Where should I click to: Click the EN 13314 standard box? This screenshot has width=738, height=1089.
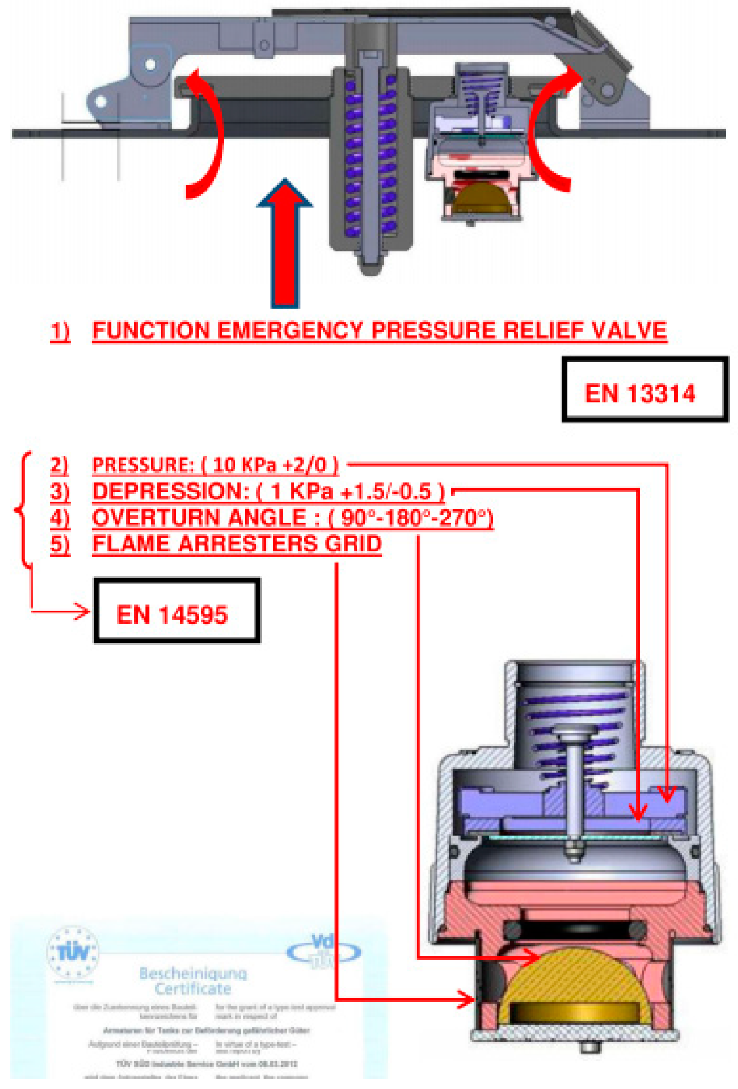[x=644, y=390]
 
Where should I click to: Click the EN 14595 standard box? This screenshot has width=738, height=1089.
[x=176, y=611]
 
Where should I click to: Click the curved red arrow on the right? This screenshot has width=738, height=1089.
[x=544, y=133]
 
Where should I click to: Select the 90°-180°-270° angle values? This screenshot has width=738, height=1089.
[x=415, y=518]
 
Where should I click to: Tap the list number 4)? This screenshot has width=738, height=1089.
[x=60, y=518]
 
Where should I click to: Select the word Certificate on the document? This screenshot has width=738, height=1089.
[x=193, y=988]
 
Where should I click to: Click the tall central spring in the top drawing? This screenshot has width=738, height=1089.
[x=369, y=155]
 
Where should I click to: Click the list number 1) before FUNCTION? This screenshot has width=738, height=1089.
[x=60, y=331]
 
